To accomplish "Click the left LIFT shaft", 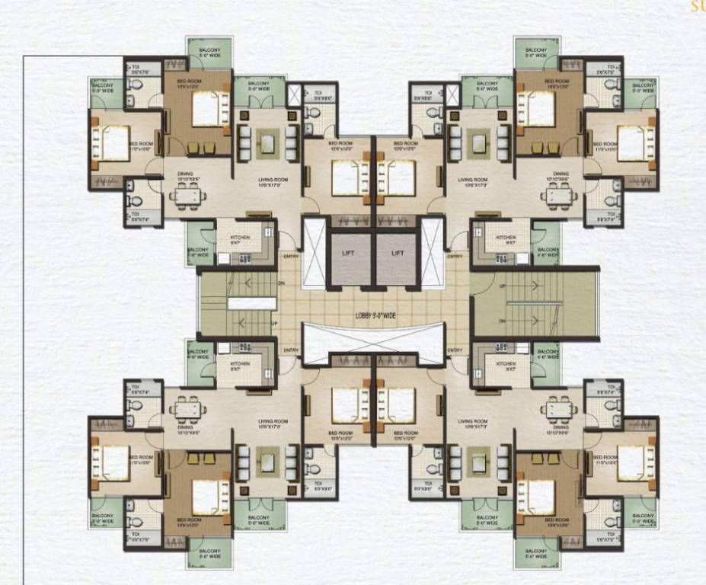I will click(x=350, y=257).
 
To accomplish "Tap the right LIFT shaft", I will click(x=397, y=257).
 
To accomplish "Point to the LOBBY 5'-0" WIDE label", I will click(x=373, y=315).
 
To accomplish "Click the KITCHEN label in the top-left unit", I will click(x=228, y=238).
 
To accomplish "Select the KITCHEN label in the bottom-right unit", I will click(x=506, y=364).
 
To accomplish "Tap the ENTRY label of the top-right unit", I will click(x=455, y=257).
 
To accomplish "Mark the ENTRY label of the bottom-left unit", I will click(x=291, y=350).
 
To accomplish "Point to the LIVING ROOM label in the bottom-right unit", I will click(x=472, y=421).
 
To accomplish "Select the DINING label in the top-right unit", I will click(x=561, y=174).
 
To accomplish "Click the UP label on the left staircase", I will click(x=274, y=323).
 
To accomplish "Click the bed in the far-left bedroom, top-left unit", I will click(x=109, y=143).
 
